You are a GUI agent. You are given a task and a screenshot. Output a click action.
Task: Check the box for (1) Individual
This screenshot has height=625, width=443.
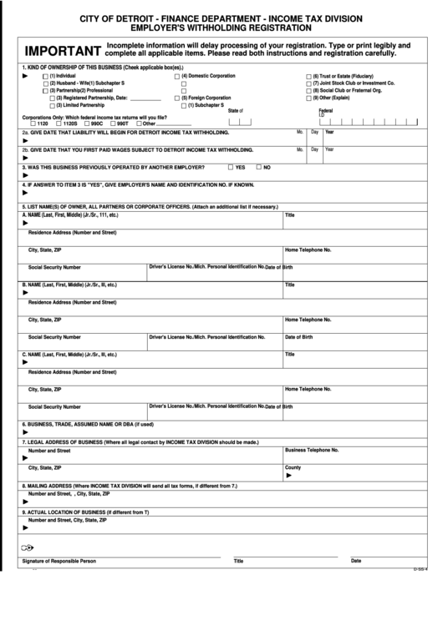(46, 76)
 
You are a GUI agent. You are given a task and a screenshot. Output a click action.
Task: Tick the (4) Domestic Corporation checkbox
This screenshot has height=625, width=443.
(176, 76)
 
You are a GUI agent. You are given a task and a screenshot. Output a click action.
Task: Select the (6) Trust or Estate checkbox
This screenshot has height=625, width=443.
(308, 76)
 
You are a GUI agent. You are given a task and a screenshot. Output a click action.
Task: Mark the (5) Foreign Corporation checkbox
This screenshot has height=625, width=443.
(176, 98)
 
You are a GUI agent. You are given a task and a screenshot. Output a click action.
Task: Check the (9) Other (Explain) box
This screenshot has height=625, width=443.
(308, 98)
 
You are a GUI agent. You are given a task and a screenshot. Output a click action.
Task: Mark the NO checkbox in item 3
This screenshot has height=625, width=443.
(259, 167)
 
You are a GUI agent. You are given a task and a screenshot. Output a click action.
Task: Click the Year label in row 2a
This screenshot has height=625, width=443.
(329, 132)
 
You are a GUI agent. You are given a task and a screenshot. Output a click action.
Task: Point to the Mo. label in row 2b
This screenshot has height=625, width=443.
(300, 149)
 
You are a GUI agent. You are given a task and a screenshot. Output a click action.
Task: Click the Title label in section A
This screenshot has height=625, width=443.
(290, 215)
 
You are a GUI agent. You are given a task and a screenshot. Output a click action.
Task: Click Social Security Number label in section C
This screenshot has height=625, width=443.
(54, 406)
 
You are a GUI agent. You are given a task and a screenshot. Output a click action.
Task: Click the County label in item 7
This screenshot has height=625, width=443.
(293, 467)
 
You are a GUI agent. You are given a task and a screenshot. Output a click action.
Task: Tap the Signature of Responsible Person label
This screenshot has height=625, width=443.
(59, 562)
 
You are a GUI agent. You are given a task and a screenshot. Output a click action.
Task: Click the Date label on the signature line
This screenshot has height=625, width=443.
(356, 561)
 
